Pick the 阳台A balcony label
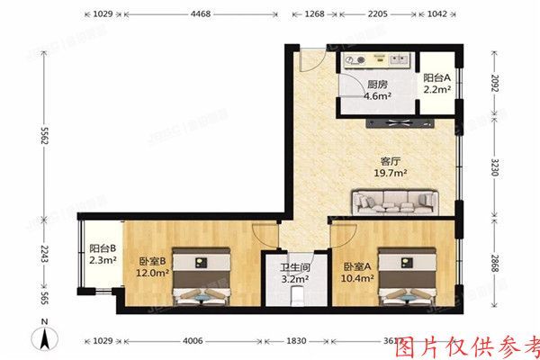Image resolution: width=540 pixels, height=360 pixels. coord(437,78)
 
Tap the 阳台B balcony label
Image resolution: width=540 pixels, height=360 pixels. coord(101,249)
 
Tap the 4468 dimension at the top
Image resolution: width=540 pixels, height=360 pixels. coord(201,14)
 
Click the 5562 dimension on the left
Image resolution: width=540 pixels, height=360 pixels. coord(43,139)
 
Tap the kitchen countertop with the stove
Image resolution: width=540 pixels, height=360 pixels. coord(378,61)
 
